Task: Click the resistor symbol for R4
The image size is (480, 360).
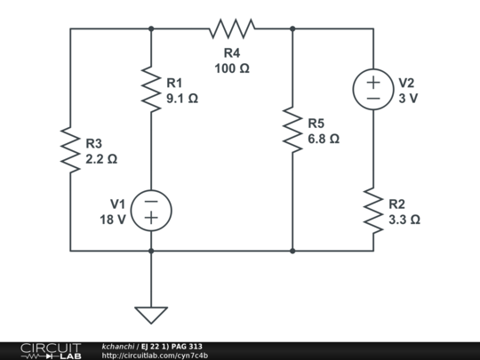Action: click(231, 29)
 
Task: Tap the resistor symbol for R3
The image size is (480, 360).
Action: click(70, 148)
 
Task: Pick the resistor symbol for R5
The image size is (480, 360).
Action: click(292, 130)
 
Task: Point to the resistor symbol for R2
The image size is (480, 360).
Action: click(373, 211)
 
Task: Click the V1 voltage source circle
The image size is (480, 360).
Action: click(151, 211)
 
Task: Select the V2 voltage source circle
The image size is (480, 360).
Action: click(373, 90)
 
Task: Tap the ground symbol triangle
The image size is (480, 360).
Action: click(151, 314)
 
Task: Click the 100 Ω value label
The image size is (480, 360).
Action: click(231, 68)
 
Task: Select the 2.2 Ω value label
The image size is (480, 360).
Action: click(100, 160)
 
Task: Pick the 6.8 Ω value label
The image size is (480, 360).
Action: click(324, 139)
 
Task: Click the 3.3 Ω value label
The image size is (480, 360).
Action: click(404, 219)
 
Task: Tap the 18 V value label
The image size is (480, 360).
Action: click(112, 219)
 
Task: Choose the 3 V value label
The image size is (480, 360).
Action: click(407, 99)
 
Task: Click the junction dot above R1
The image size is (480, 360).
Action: click(151, 28)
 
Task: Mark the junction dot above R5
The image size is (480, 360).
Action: click(292, 28)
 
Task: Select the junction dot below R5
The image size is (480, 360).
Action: click(292, 251)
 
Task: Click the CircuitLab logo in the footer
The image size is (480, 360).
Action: click(50, 350)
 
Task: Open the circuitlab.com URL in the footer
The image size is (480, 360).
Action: click(156, 356)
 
